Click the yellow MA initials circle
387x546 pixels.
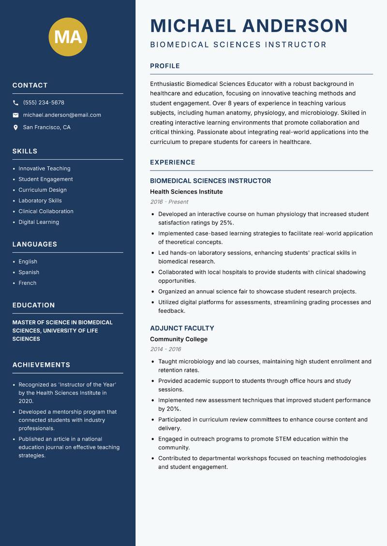point(68,37)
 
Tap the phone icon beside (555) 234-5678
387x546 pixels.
point(16,103)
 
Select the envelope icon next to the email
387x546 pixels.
point(16,115)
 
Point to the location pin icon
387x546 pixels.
point(16,128)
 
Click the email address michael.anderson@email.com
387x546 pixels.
point(62,115)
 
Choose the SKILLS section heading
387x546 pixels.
point(25,151)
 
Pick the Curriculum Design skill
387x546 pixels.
point(43,190)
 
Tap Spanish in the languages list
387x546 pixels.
point(29,272)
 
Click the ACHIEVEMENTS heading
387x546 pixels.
point(41,365)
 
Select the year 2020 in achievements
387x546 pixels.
point(26,401)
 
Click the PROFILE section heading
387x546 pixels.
point(164,66)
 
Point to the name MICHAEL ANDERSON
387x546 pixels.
point(249,26)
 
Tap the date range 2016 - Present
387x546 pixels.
point(169,202)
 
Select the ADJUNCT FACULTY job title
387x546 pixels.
point(182,328)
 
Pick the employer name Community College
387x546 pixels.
point(179,339)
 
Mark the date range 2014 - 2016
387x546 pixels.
point(165,349)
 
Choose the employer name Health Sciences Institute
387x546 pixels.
point(186,192)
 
